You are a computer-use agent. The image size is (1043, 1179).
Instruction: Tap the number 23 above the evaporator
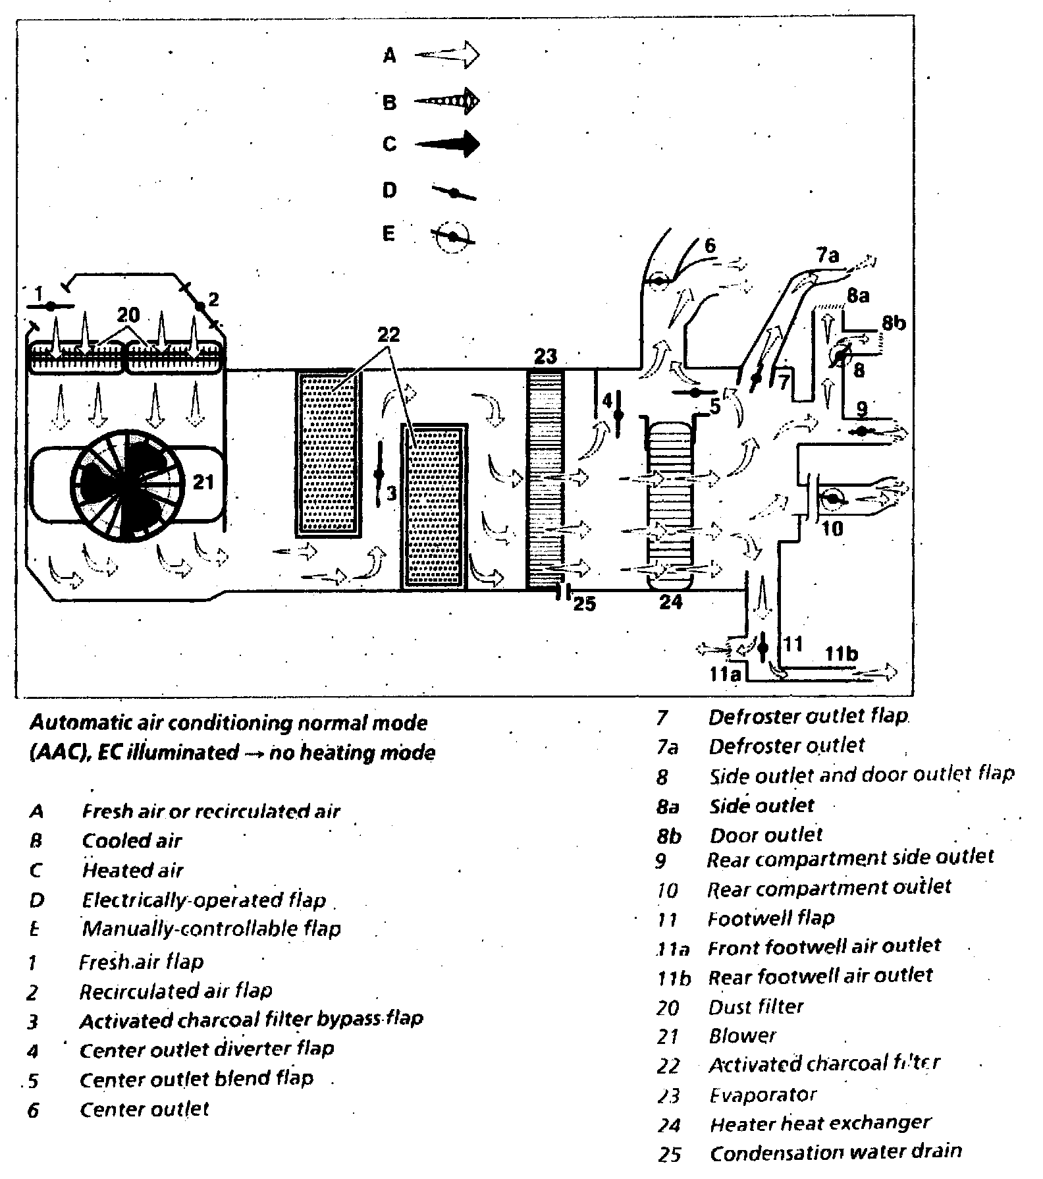(546, 356)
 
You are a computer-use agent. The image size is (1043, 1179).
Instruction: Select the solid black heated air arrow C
(447, 144)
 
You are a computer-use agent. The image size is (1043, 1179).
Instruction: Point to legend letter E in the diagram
(389, 234)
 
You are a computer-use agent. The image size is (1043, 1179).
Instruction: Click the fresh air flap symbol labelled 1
(51, 306)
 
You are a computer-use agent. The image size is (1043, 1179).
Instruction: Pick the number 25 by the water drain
(584, 603)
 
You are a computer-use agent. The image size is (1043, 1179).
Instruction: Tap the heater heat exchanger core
(670, 501)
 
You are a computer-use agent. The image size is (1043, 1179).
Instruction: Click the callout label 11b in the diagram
(842, 654)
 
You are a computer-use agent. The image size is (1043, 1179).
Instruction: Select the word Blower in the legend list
(742, 1036)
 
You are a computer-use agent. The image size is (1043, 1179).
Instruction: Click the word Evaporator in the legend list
(762, 1095)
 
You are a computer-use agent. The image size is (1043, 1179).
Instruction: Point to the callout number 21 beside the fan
(203, 482)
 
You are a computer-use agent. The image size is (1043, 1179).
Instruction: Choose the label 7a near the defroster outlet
(828, 256)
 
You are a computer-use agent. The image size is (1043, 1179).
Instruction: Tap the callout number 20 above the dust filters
(128, 315)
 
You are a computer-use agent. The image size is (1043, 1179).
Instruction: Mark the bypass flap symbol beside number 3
(379, 474)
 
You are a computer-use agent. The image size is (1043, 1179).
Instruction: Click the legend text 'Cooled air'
(132, 840)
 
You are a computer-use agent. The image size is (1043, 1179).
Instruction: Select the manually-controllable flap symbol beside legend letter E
(453, 236)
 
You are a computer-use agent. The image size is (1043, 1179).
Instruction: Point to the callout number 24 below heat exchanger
(670, 601)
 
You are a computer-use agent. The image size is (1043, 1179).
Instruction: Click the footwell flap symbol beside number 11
(762, 647)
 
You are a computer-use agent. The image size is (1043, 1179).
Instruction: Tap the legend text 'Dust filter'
(756, 1006)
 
